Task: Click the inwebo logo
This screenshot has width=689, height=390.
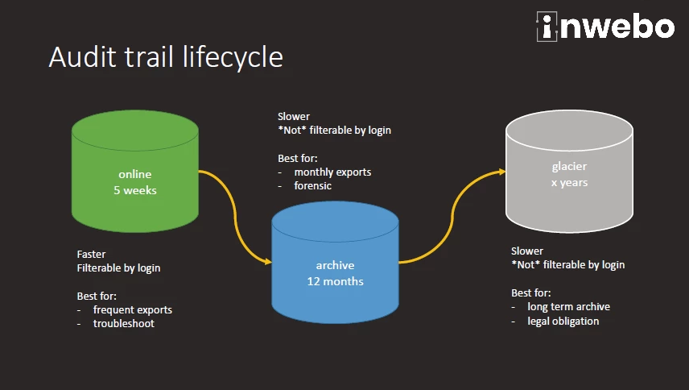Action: click(604, 27)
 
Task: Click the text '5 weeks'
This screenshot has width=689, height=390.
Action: click(135, 191)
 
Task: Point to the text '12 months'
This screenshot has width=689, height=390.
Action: click(335, 281)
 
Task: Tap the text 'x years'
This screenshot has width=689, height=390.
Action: click(569, 183)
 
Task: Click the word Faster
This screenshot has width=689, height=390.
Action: click(91, 254)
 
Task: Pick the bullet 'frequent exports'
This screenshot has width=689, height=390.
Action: click(133, 309)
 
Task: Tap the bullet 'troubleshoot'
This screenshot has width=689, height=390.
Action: click(124, 323)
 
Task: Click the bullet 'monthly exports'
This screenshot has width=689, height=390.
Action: click(332, 172)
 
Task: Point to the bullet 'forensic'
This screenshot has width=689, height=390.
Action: click(313, 186)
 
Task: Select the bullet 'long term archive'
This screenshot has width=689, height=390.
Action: click(568, 307)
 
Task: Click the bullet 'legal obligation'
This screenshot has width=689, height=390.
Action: click(563, 321)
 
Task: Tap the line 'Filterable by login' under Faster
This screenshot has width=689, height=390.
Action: click(118, 268)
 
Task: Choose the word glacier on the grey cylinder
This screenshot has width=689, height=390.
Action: click(569, 167)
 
